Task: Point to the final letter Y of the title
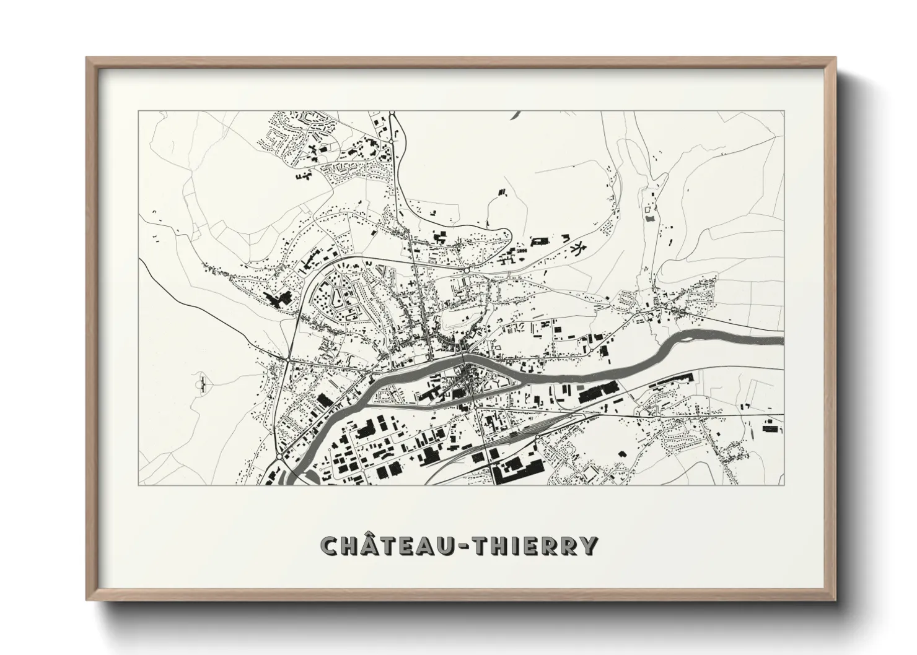point(589,545)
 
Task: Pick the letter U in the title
point(450,545)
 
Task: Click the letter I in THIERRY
point(524,545)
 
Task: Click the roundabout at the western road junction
point(289,359)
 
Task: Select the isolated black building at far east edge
point(769,428)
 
